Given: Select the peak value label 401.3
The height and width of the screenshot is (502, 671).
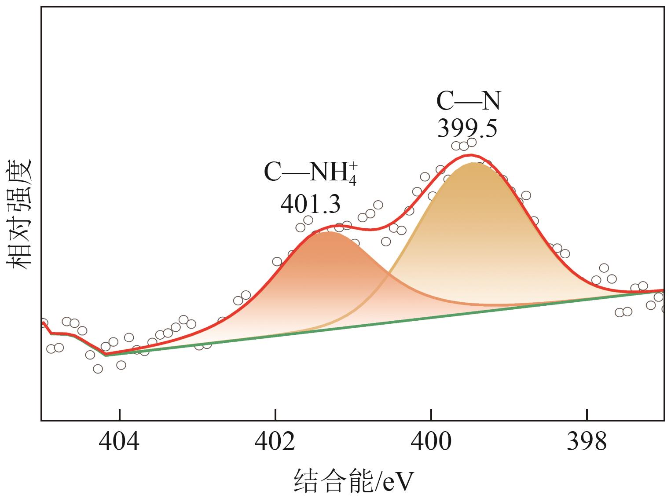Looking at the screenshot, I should (x=310, y=204).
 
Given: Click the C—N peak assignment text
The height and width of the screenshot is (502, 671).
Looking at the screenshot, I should (x=469, y=101).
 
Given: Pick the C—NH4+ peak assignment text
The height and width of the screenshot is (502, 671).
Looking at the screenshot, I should (x=310, y=173).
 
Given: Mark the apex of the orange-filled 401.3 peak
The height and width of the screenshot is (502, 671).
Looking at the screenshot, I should (x=328, y=232).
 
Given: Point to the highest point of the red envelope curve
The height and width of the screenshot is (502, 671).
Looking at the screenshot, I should (x=471, y=155).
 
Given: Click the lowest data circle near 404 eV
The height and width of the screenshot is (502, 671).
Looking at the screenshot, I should (x=98, y=369).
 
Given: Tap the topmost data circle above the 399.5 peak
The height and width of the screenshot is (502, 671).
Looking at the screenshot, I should (x=472, y=142).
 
